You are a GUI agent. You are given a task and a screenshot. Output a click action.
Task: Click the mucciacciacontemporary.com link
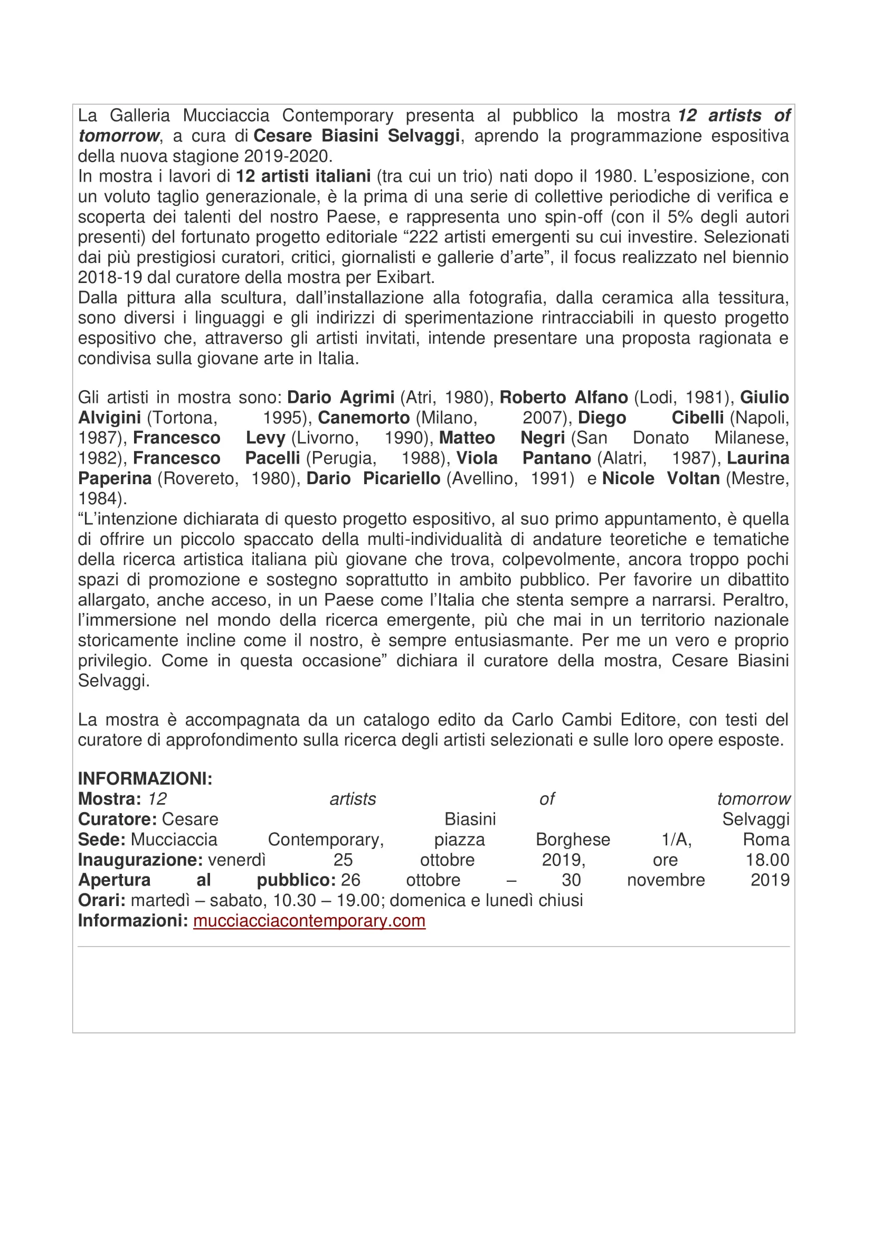click(x=309, y=920)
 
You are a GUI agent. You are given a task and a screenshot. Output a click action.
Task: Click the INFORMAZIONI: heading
click(x=145, y=778)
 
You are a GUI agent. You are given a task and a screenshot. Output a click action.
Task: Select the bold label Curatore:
click(x=117, y=819)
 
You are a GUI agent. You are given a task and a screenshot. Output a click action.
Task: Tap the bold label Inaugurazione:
click(x=140, y=860)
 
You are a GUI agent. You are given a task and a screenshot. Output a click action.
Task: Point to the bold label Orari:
click(x=101, y=900)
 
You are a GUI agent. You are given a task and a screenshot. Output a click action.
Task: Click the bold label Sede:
click(x=101, y=839)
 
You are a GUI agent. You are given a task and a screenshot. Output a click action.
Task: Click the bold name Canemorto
click(x=364, y=418)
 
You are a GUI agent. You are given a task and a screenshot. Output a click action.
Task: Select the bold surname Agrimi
click(x=367, y=398)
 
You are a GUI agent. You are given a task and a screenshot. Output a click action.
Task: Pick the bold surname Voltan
click(x=693, y=478)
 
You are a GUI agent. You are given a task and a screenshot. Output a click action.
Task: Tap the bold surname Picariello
click(x=402, y=478)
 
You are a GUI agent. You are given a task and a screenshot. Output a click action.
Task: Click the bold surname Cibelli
click(x=697, y=418)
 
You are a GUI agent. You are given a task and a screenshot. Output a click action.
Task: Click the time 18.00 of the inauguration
click(x=767, y=860)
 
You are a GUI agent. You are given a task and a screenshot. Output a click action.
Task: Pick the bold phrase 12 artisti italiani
click(x=303, y=176)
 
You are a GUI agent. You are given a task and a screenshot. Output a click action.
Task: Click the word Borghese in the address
click(x=573, y=839)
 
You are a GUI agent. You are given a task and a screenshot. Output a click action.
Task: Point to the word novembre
click(x=666, y=880)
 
